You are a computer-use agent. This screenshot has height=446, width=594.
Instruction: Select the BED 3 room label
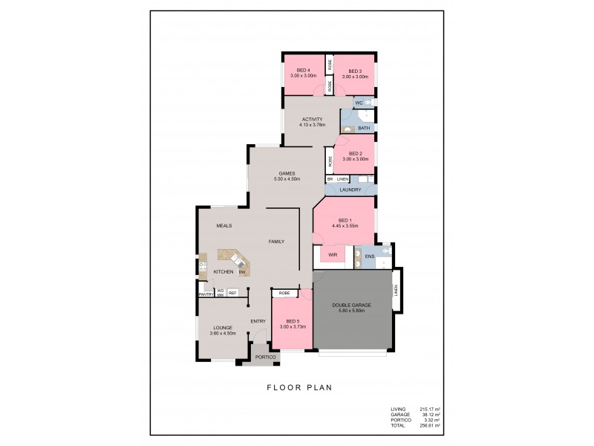354,71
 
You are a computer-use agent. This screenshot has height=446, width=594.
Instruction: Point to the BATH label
363,128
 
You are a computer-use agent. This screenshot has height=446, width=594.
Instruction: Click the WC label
359,102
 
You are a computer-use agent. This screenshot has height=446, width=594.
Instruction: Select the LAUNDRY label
350,190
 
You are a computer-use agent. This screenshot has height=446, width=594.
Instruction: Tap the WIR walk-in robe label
333,255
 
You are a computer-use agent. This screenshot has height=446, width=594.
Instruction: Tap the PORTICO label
266,358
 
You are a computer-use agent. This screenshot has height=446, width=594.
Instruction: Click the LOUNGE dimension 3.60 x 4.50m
223,332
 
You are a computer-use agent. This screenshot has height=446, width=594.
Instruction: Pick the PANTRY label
206,294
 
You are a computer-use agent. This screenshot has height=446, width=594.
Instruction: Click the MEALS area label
225,224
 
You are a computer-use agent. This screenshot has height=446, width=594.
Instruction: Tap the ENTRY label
258,321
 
